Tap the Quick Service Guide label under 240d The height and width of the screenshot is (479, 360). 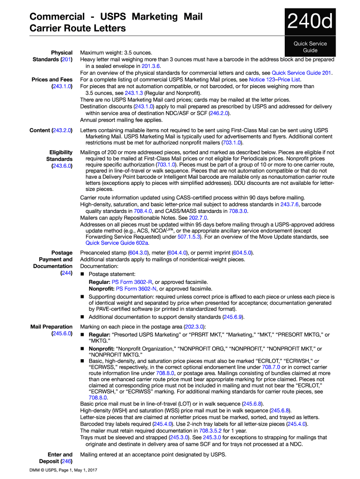point(310,47)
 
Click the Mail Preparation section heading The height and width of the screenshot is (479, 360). point(51,330)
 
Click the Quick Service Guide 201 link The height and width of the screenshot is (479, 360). point(302,73)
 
